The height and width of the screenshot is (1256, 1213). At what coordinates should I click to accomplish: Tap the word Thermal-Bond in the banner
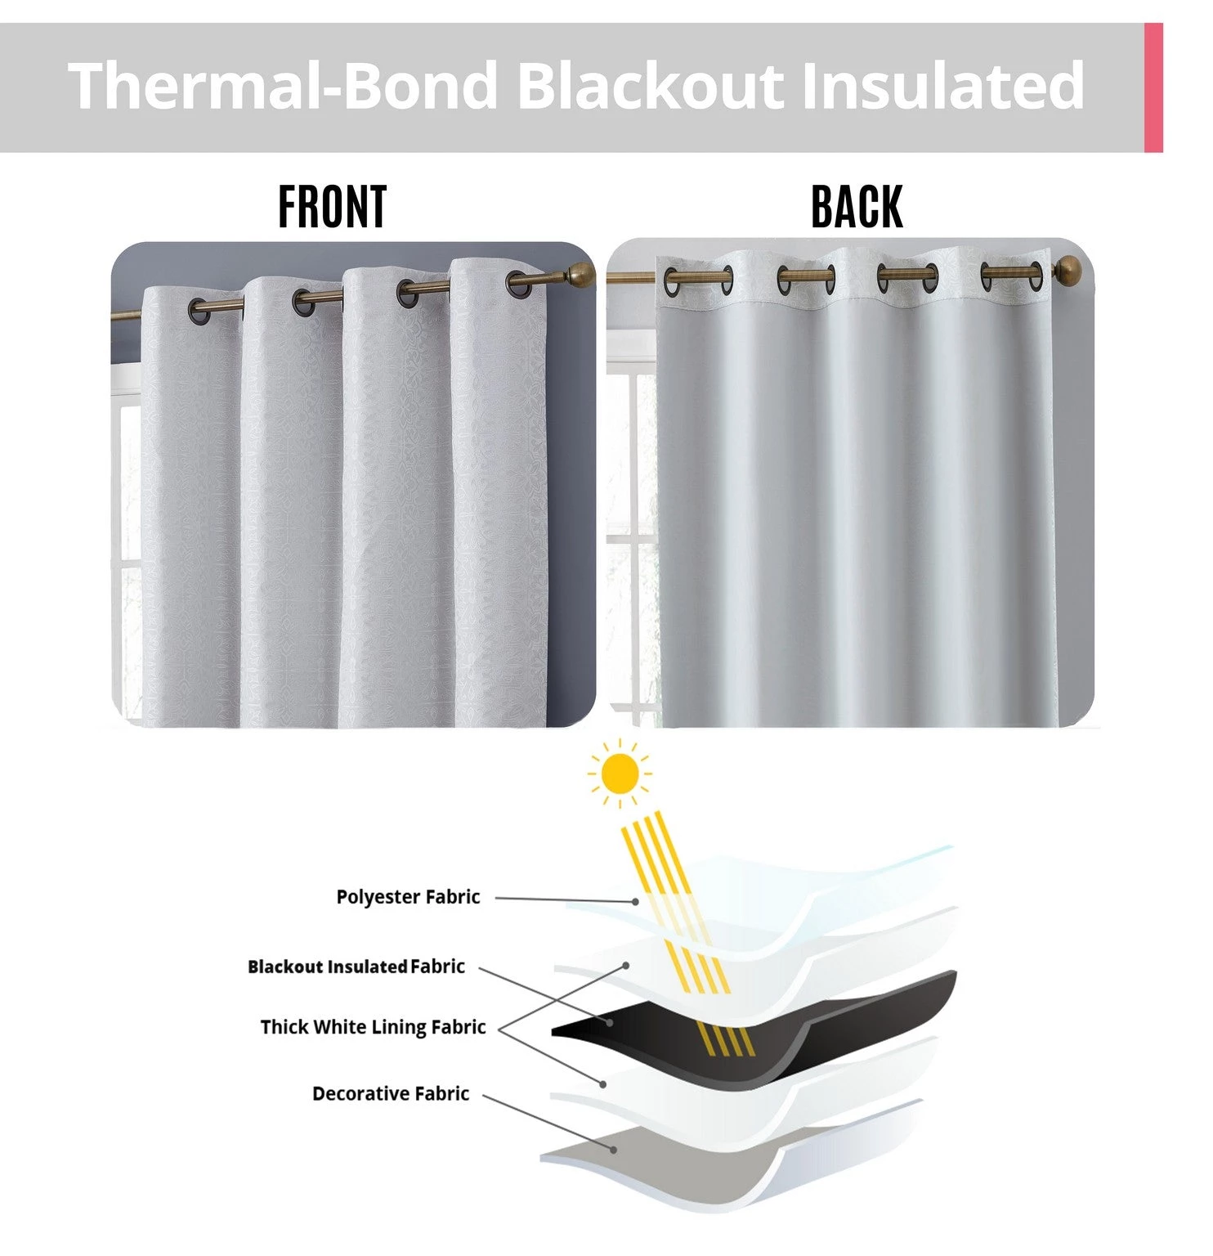[283, 86]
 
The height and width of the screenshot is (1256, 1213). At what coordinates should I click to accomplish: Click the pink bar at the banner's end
[1153, 87]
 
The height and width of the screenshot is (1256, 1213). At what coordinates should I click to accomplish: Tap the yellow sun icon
[620, 774]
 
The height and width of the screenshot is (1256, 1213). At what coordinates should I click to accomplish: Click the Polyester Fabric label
[408, 897]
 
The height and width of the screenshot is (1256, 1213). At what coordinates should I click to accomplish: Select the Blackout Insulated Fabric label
[356, 967]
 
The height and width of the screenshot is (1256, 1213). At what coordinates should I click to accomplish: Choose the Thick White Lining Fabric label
[373, 1027]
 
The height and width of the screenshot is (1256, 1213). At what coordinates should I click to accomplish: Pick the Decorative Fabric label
[391, 1094]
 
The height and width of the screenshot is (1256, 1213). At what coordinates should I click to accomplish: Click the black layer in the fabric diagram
[858, 1022]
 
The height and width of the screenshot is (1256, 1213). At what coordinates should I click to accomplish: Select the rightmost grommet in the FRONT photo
[517, 283]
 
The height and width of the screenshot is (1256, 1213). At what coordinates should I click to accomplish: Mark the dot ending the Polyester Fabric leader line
[635, 901]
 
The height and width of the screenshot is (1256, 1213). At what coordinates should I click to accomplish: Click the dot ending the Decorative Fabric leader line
[613, 1149]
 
